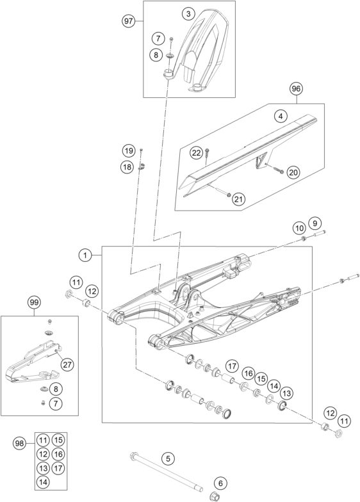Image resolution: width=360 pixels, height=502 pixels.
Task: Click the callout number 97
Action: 128,22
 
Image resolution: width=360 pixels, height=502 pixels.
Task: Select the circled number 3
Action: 188,14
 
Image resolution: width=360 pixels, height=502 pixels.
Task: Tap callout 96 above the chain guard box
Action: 296,88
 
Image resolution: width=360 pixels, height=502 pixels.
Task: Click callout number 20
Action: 293,173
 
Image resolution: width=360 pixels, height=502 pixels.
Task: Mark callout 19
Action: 128,150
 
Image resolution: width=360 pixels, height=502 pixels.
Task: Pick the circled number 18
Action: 127,166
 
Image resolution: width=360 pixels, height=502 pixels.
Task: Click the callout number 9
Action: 315,223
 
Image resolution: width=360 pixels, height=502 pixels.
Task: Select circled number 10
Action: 300,228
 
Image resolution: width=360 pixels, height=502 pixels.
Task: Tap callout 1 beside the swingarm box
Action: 85,255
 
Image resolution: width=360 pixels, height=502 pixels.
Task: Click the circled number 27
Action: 68,364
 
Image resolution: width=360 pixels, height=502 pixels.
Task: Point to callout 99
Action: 35,302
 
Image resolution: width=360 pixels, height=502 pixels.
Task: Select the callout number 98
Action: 19,444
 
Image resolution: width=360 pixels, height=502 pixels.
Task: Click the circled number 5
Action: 168,458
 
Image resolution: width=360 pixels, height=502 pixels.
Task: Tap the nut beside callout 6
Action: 215,496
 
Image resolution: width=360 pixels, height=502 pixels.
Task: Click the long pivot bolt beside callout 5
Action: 167,475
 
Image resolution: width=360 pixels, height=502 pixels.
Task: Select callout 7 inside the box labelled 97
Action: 158,38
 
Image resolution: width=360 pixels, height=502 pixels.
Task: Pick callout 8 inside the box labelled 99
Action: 56,389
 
